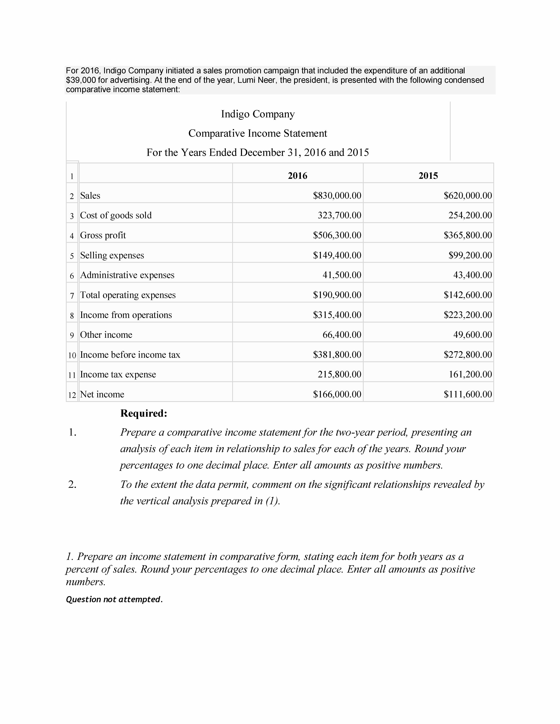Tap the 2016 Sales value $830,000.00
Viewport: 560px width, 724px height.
click(337, 196)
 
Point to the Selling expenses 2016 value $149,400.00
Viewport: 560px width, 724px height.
click(337, 255)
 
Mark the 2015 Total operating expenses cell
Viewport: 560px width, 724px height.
click(468, 295)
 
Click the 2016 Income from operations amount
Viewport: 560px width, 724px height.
click(337, 315)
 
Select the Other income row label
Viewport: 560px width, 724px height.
click(106, 335)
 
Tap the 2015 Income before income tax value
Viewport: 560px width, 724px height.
click(468, 355)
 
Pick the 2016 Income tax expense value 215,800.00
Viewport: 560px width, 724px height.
click(339, 375)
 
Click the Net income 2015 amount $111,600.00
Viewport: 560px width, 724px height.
click(468, 395)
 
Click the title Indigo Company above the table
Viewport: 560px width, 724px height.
click(258, 114)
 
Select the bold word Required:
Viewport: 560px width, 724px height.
click(144, 413)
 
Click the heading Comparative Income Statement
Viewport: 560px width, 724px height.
click(258, 133)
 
